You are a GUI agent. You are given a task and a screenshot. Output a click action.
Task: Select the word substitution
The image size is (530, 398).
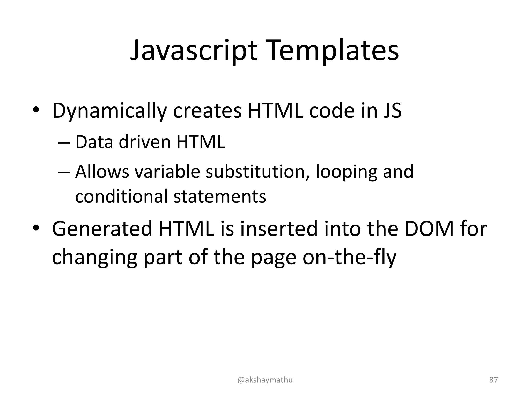[258, 172]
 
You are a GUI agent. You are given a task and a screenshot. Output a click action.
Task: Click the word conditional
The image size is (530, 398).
[121, 196]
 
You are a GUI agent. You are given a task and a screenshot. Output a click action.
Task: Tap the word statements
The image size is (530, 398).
[220, 196]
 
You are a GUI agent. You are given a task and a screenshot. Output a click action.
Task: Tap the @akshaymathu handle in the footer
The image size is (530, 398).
[265, 380]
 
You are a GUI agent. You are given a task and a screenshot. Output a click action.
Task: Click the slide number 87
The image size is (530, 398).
[494, 380]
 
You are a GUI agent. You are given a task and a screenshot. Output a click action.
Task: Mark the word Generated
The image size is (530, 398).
[102, 229]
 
